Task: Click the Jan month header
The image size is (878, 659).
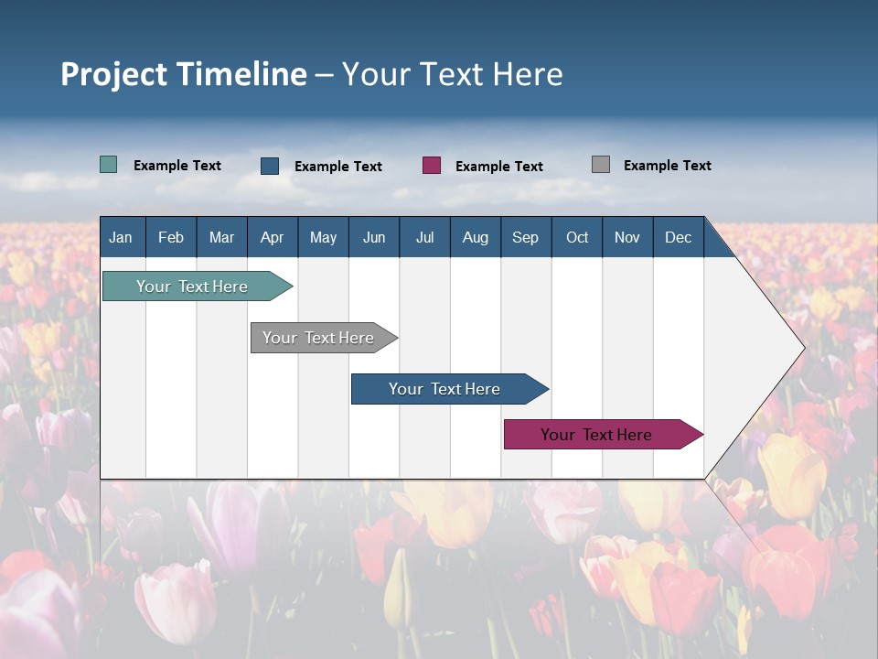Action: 121,237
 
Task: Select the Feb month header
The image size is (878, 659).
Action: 171,237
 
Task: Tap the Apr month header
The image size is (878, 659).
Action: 272,237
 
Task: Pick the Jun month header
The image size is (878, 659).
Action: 374,237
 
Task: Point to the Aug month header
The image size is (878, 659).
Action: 475,237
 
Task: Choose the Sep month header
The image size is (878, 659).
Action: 525,237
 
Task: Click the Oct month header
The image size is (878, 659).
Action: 577,237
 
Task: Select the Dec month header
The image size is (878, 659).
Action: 678,237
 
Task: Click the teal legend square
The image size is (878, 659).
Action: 108,165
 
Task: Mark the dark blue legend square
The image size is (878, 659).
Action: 270,166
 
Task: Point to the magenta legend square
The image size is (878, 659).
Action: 432,166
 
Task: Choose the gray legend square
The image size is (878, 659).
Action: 601,165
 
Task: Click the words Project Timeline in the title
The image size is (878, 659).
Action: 184,74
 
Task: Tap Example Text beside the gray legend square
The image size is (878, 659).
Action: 667,166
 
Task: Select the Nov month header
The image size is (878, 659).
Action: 627,237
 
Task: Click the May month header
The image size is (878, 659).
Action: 323,237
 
